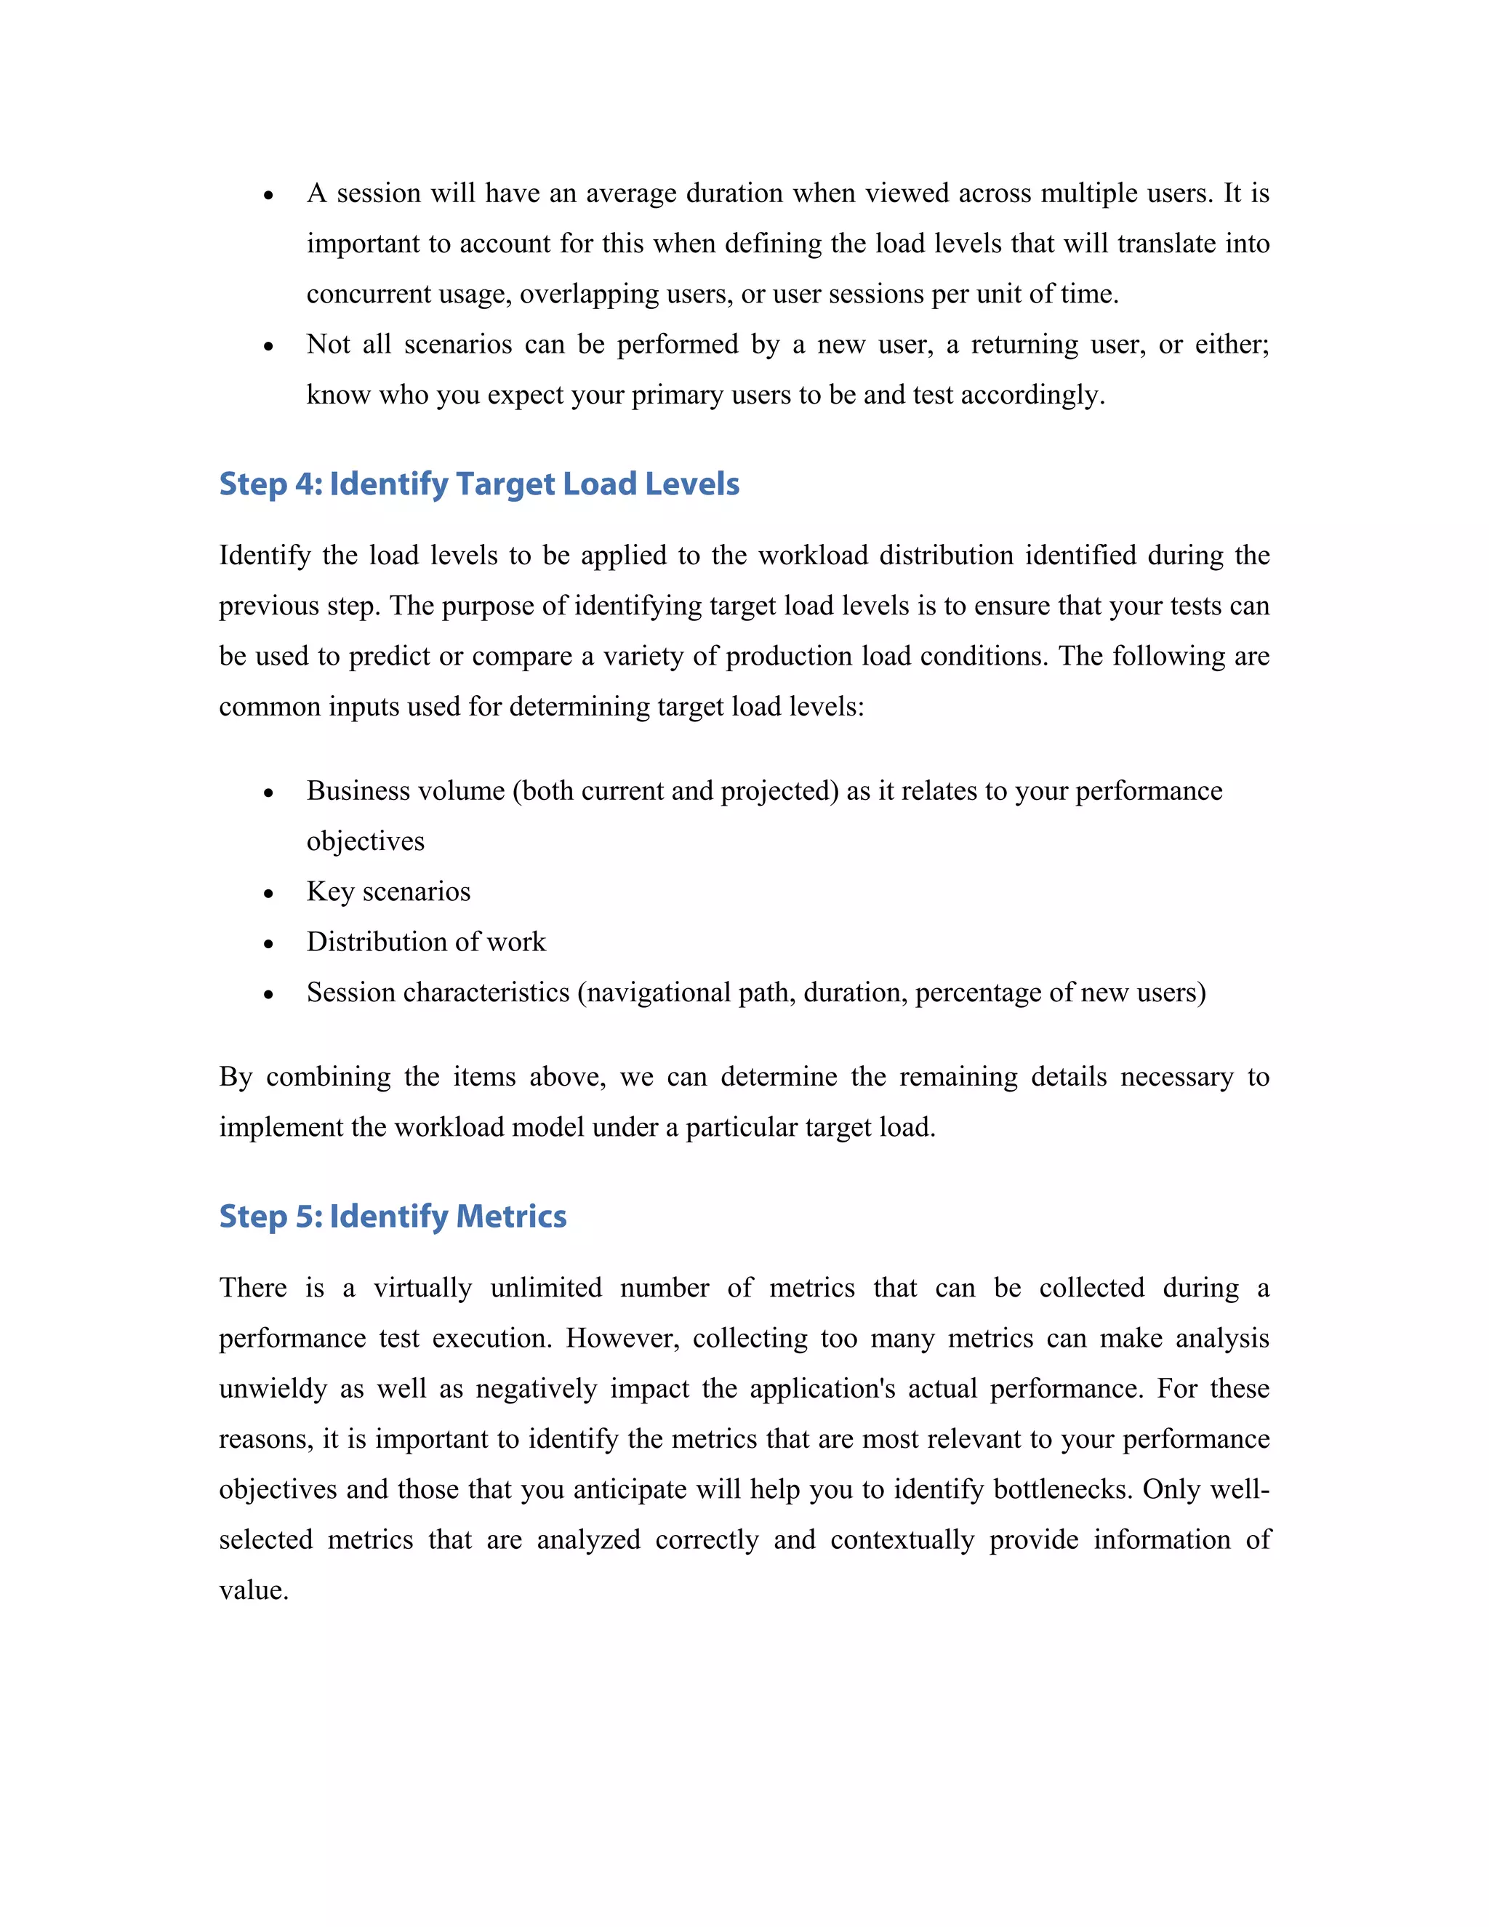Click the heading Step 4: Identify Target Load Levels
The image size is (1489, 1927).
(479, 484)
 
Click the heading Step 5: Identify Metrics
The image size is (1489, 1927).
(393, 1217)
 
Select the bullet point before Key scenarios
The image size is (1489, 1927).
(269, 894)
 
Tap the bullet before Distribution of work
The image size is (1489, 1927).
(269, 944)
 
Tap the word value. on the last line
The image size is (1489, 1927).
(254, 1590)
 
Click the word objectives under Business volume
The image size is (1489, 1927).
(365, 842)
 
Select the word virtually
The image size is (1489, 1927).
(422, 1289)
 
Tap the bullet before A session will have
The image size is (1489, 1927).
(269, 195)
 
